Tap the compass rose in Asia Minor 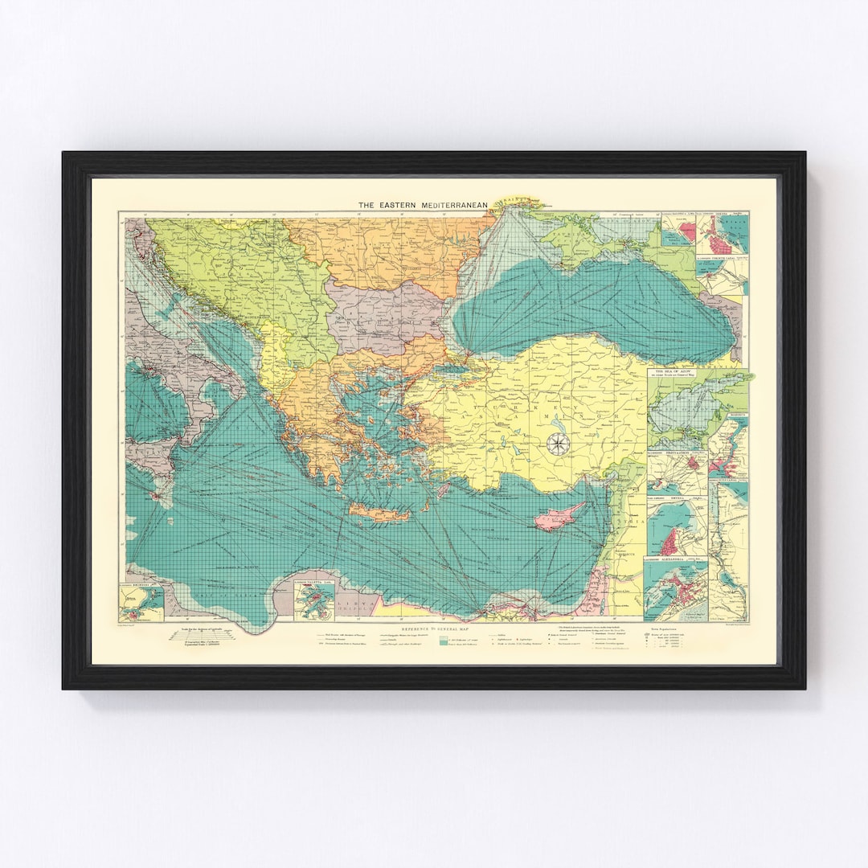click(x=557, y=443)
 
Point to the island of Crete click(x=378, y=511)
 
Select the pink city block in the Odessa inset click(x=686, y=232)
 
